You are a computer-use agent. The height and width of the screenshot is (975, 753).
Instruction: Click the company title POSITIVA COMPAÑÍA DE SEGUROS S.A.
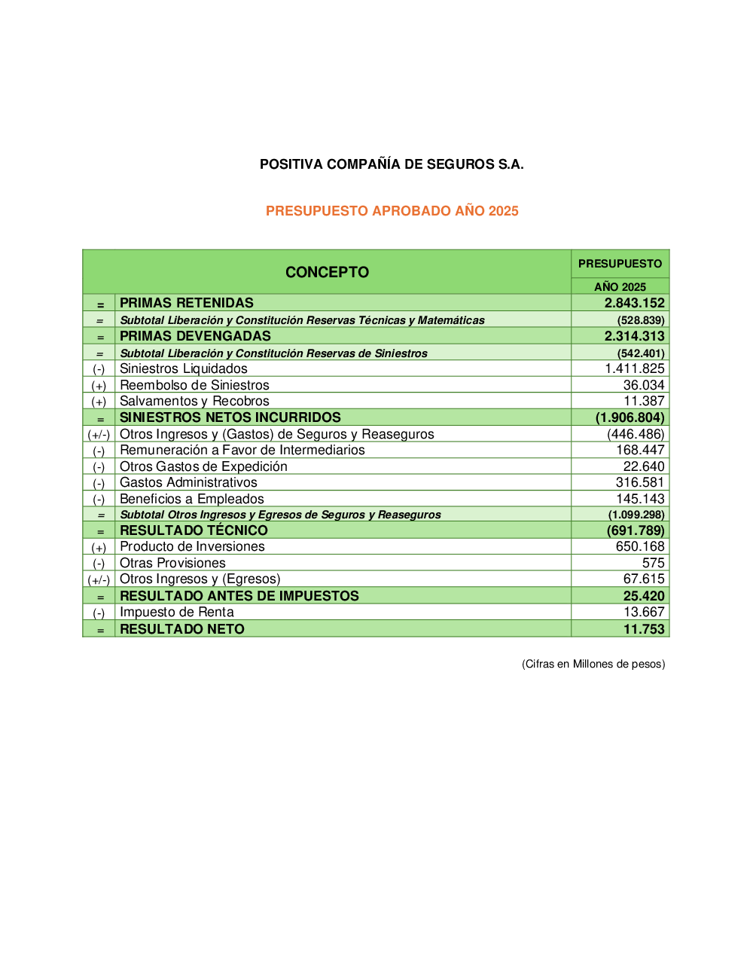coord(392,164)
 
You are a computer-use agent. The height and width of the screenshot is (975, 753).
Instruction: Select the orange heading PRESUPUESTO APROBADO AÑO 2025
coord(392,211)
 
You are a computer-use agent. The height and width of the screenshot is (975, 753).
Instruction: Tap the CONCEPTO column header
coord(327,272)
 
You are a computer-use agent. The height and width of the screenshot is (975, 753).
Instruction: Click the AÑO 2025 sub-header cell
coord(620,286)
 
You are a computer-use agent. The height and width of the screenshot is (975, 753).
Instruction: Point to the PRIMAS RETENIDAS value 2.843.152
coord(634,303)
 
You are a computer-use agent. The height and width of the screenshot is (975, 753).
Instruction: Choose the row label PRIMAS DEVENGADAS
coord(195,336)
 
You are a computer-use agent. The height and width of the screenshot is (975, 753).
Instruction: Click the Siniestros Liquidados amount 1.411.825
coord(634,368)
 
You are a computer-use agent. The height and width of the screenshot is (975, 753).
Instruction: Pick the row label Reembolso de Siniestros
coord(194,385)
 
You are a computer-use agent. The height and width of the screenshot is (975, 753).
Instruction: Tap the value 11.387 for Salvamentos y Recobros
coord(644,401)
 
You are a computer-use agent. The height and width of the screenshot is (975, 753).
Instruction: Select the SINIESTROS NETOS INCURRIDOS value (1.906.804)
coord(630,417)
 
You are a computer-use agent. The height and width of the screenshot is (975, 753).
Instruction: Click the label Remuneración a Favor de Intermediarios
coord(242,450)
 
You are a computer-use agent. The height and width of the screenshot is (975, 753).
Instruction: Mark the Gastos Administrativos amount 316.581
coord(640,482)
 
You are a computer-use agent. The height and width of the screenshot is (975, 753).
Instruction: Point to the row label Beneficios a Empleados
coord(192,499)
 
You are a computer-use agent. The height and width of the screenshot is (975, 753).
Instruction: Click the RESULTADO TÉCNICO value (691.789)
coord(636,530)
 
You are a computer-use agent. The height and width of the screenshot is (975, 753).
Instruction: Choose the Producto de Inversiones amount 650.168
coord(640,546)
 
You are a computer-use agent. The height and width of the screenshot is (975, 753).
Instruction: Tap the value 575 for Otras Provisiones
coord(653,563)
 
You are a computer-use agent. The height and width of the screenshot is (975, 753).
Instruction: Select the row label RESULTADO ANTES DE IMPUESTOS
coord(239,596)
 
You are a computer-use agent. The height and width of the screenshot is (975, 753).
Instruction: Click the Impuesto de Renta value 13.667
coord(644,612)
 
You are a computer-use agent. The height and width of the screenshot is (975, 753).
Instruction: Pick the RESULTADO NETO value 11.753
coord(644,629)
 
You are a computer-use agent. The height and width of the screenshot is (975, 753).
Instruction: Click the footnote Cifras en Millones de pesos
coord(593,664)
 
